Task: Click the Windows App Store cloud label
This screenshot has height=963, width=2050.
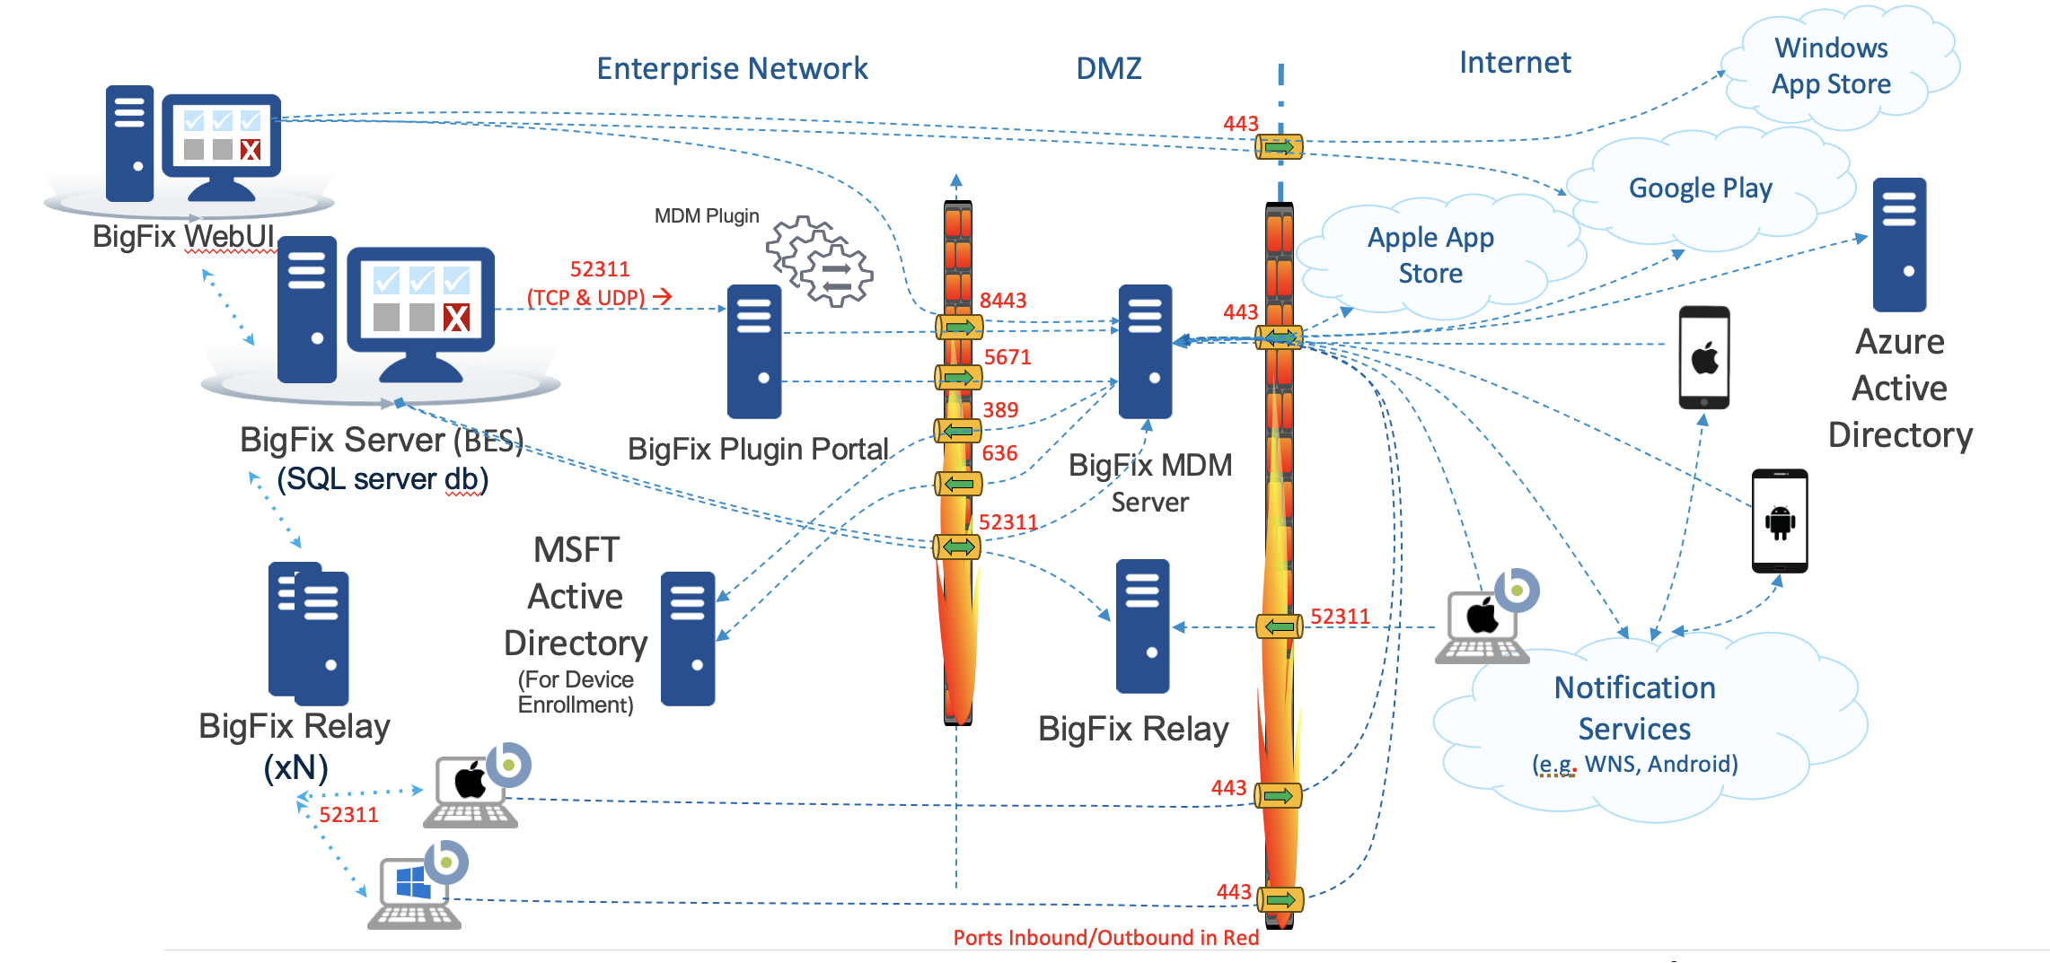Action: click(x=1831, y=66)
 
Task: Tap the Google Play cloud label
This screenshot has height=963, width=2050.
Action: click(x=1700, y=188)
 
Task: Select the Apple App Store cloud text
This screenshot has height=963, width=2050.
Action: click(x=1430, y=255)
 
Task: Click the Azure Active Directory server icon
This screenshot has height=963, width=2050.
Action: click(x=1899, y=244)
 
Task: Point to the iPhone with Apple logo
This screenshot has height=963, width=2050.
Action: click(x=1703, y=358)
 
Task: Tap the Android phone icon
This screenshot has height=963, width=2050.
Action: click(x=1780, y=521)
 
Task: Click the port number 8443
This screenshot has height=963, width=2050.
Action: click(x=1003, y=301)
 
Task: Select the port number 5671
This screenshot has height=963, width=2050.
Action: click(x=1007, y=357)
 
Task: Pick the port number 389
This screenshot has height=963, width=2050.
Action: click(x=1000, y=410)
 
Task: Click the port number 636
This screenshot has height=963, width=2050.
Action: click(x=999, y=453)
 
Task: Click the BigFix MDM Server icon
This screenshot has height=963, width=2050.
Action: click(x=1145, y=351)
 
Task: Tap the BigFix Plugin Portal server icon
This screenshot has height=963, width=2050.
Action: click(x=754, y=351)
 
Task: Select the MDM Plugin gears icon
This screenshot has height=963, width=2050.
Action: click(x=819, y=261)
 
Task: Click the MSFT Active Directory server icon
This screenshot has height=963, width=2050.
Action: click(x=688, y=638)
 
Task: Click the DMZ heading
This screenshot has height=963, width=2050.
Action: click(x=1109, y=68)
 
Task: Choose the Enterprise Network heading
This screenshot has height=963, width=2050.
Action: click(x=732, y=68)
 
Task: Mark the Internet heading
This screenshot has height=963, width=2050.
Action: click(x=1515, y=63)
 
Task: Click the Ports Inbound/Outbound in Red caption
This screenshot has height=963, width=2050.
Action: click(x=1105, y=938)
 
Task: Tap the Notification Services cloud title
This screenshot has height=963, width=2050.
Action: click(x=1634, y=708)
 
